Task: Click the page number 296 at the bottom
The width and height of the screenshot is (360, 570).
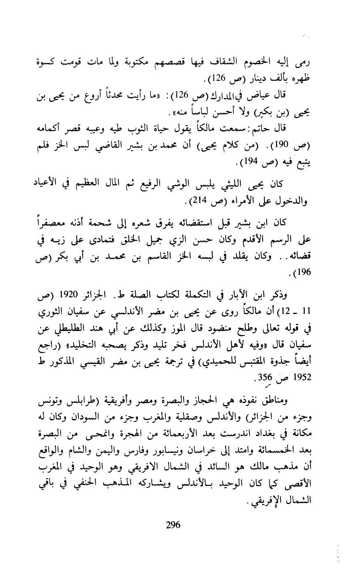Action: [x=173, y=525]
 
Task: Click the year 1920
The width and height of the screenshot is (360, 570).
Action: [x=72, y=296]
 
